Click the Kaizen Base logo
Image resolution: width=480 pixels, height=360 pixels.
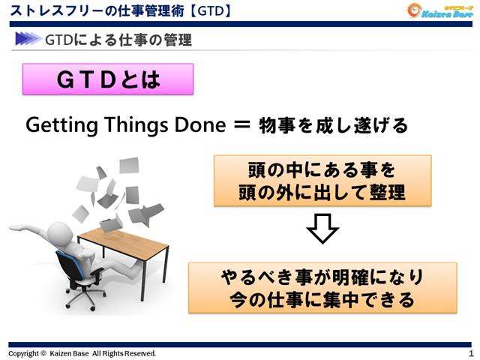[439, 10]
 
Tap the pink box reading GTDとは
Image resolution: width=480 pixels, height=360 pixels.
[108, 79]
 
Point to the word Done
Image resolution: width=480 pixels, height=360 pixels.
[198, 124]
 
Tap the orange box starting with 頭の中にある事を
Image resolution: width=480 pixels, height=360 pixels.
[322, 181]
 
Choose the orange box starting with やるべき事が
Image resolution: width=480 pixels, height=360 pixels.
[322, 287]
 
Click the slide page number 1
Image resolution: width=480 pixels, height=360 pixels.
[470, 353]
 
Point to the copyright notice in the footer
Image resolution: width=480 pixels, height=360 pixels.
[82, 353]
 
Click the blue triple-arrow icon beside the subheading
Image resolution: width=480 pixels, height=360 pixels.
[27, 39]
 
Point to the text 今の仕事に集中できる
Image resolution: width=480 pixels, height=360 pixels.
[322, 300]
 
